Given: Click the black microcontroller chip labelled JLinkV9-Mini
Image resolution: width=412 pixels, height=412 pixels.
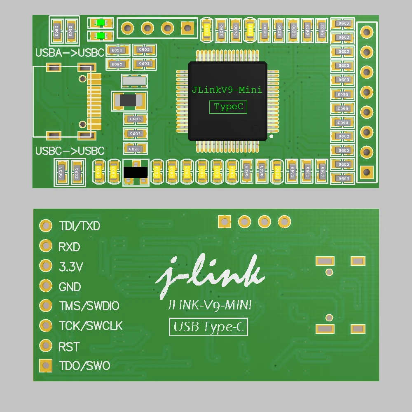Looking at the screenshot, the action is point(227,101).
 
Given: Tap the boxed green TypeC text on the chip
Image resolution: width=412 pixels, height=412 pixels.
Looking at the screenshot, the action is point(228,107).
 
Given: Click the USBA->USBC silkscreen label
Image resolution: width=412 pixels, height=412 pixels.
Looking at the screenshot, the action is point(70,53).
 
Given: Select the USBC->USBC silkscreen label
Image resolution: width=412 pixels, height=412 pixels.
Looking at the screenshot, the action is point(70,151).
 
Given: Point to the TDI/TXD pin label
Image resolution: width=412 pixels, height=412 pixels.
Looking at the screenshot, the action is point(80,226).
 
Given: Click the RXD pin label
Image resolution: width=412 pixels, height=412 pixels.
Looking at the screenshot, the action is point(69,247).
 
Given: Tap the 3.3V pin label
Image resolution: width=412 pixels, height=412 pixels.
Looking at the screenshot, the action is point(71,267).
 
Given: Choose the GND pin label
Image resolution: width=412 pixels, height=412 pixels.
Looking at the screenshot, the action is point(70,287).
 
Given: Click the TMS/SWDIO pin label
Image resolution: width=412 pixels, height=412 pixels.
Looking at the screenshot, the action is point(89,306).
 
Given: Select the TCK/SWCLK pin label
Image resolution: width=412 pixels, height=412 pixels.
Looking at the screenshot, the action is point(91,326).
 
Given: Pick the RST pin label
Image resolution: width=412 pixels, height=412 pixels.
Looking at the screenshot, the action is point(69,347).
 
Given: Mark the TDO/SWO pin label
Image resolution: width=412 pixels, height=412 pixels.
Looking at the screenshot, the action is point(84,366).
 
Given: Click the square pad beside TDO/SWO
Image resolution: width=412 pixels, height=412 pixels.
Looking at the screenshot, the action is point(46,365).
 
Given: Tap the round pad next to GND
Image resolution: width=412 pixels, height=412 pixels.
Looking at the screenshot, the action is point(46,286).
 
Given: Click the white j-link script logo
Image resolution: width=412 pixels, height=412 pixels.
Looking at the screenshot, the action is point(210,276).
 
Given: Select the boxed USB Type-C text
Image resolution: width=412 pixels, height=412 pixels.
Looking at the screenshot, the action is point(208,327).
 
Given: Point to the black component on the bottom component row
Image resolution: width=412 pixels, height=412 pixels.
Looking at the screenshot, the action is point(136,172).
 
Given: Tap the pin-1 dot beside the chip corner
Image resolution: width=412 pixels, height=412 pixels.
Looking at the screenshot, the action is point(271,136).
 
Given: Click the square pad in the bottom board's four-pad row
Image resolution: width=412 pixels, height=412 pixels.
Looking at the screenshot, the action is point(225,222).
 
